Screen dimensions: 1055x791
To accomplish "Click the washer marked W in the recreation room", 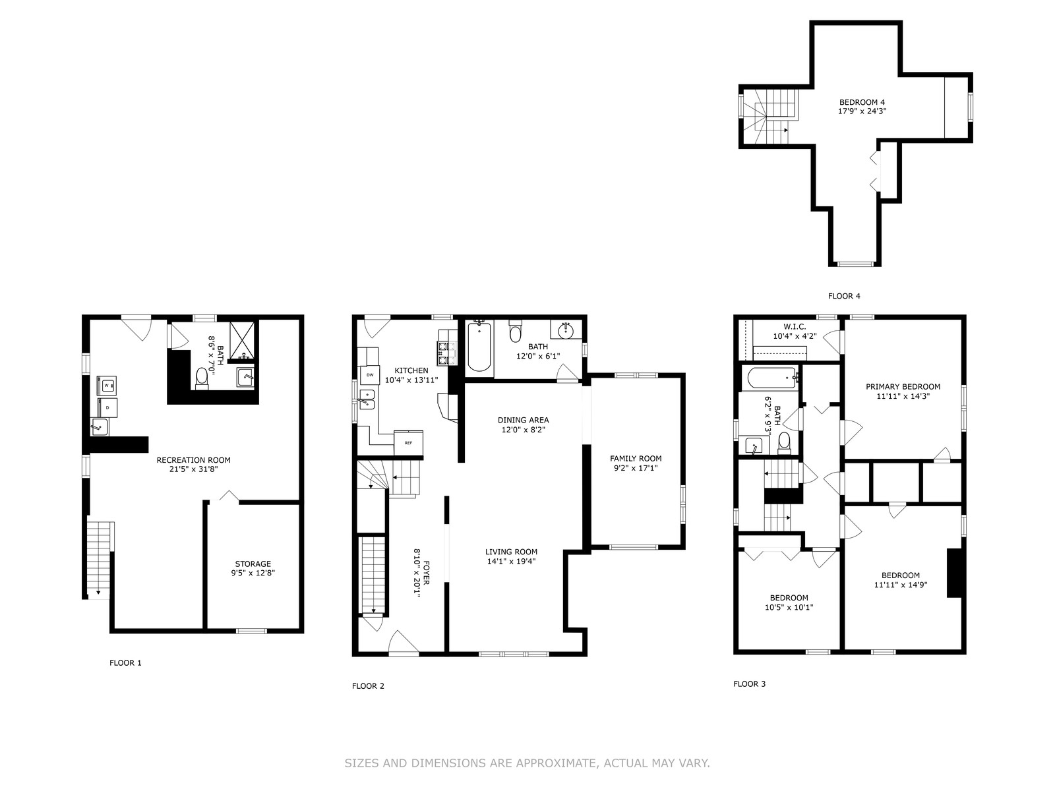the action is pyautogui.click(x=107, y=386).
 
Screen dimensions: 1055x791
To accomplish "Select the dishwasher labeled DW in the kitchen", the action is pyautogui.click(x=370, y=374).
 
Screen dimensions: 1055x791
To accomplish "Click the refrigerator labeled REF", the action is pyautogui.click(x=408, y=443).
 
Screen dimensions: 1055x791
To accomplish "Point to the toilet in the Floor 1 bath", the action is pyautogui.click(x=202, y=378).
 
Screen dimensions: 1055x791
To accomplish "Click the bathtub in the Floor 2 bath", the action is pyautogui.click(x=479, y=345).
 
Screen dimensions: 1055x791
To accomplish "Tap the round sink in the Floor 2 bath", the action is pyautogui.click(x=566, y=330).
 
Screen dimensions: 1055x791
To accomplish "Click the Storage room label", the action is pyautogui.click(x=253, y=564).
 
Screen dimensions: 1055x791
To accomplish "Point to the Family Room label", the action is pyautogui.click(x=636, y=459).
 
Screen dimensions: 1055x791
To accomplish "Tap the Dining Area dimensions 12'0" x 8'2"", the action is pyautogui.click(x=523, y=430).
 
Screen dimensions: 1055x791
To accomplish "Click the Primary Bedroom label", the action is pyautogui.click(x=903, y=387).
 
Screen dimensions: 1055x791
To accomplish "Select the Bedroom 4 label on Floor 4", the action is pyautogui.click(x=862, y=102).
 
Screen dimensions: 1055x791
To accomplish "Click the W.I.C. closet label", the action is pyautogui.click(x=795, y=327).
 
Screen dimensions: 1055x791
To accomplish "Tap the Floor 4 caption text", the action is pyautogui.click(x=844, y=297).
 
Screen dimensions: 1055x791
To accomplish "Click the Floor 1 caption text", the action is pyautogui.click(x=125, y=662).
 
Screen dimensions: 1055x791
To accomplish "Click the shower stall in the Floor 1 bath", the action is pyautogui.click(x=244, y=341).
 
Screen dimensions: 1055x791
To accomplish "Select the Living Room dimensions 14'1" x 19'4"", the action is pyautogui.click(x=511, y=562).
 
